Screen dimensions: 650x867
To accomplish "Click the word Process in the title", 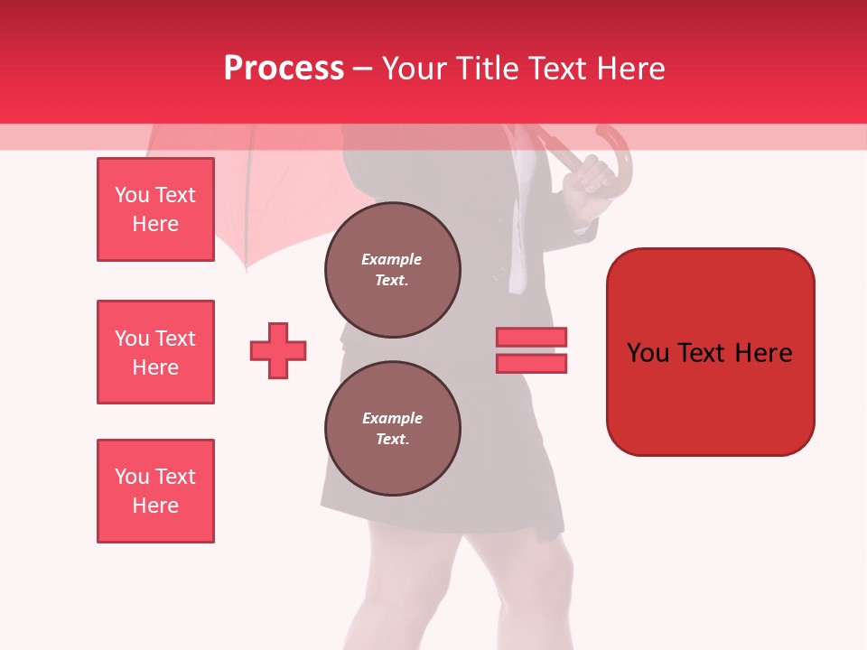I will tap(284, 69).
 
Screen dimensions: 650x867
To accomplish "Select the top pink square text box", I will tap(155, 209).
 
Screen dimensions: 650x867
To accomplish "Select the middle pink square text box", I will tap(155, 352).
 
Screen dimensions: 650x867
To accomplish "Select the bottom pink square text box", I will tap(155, 490).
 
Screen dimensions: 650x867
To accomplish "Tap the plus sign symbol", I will tap(278, 350).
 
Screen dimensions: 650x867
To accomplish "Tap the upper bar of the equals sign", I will tap(531, 337).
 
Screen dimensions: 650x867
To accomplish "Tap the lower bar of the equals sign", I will tap(531, 363).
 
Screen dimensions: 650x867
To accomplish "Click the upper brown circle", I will tap(392, 269).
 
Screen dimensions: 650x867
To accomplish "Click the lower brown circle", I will tap(392, 428).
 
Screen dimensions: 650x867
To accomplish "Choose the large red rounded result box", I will tap(710, 352).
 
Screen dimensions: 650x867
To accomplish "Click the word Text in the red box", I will tap(707, 353).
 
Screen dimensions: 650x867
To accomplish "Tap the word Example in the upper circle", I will tap(391, 259).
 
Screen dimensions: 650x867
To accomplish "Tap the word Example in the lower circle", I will tap(392, 418).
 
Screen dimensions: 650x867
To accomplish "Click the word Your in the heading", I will tap(415, 69).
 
